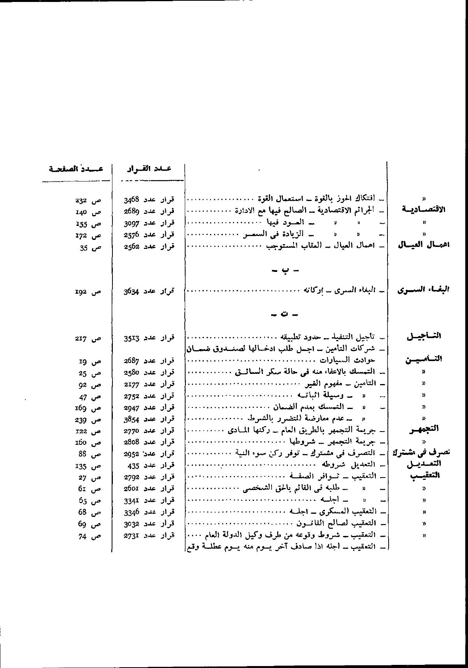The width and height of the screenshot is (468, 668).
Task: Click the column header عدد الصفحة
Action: pyautogui.click(x=76, y=169)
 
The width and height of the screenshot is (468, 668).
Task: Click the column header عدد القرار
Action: pyautogui.click(x=149, y=169)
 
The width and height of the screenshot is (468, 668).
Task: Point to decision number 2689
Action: pyautogui.click(x=131, y=211)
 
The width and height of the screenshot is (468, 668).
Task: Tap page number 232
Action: pyautogui.click(x=81, y=200)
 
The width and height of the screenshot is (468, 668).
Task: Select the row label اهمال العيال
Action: pyautogui.click(x=423, y=245)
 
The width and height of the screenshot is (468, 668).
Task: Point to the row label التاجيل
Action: pyautogui.click(x=424, y=336)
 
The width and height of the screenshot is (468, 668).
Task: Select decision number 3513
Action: pyautogui.click(x=131, y=338)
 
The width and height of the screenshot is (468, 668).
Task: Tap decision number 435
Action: pyautogui.click(x=133, y=465)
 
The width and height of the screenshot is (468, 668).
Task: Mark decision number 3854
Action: pyautogui.click(x=131, y=419)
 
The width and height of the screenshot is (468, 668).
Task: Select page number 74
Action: pyautogui.click(x=82, y=536)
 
